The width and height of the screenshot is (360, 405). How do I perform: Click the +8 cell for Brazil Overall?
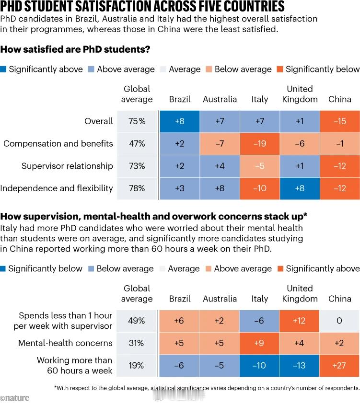[x=180, y=121]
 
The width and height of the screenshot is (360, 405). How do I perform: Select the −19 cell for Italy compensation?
[x=260, y=143]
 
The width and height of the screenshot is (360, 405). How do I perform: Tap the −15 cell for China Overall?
[x=339, y=121]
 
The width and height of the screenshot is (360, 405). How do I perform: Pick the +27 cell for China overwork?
[x=339, y=365]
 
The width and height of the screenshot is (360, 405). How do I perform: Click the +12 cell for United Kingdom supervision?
[x=300, y=321]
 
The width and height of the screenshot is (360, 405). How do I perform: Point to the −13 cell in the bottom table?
[x=300, y=365]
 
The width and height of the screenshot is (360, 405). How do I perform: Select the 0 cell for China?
[x=339, y=321]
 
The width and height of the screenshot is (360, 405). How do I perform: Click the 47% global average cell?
[x=137, y=143]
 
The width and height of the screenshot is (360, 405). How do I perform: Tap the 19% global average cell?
[x=137, y=365]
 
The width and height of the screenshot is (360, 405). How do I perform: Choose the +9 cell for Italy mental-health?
[x=260, y=343]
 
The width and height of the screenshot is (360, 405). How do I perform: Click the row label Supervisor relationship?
[x=67, y=166]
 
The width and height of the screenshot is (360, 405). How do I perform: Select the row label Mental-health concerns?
[x=65, y=343]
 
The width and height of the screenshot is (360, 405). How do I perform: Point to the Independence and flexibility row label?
[x=57, y=188]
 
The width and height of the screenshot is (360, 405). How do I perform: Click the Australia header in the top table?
[x=220, y=99]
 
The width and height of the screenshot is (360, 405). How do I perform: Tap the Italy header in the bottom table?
[x=260, y=299]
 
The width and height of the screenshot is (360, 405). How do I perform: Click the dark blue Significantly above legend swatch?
[x=4, y=69]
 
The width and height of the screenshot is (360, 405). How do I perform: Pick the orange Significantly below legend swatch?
[x=280, y=69]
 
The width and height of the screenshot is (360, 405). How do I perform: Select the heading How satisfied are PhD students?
[x=76, y=49]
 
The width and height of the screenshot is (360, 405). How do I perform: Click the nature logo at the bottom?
[x=15, y=398]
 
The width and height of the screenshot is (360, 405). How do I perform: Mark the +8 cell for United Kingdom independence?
[x=300, y=188]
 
